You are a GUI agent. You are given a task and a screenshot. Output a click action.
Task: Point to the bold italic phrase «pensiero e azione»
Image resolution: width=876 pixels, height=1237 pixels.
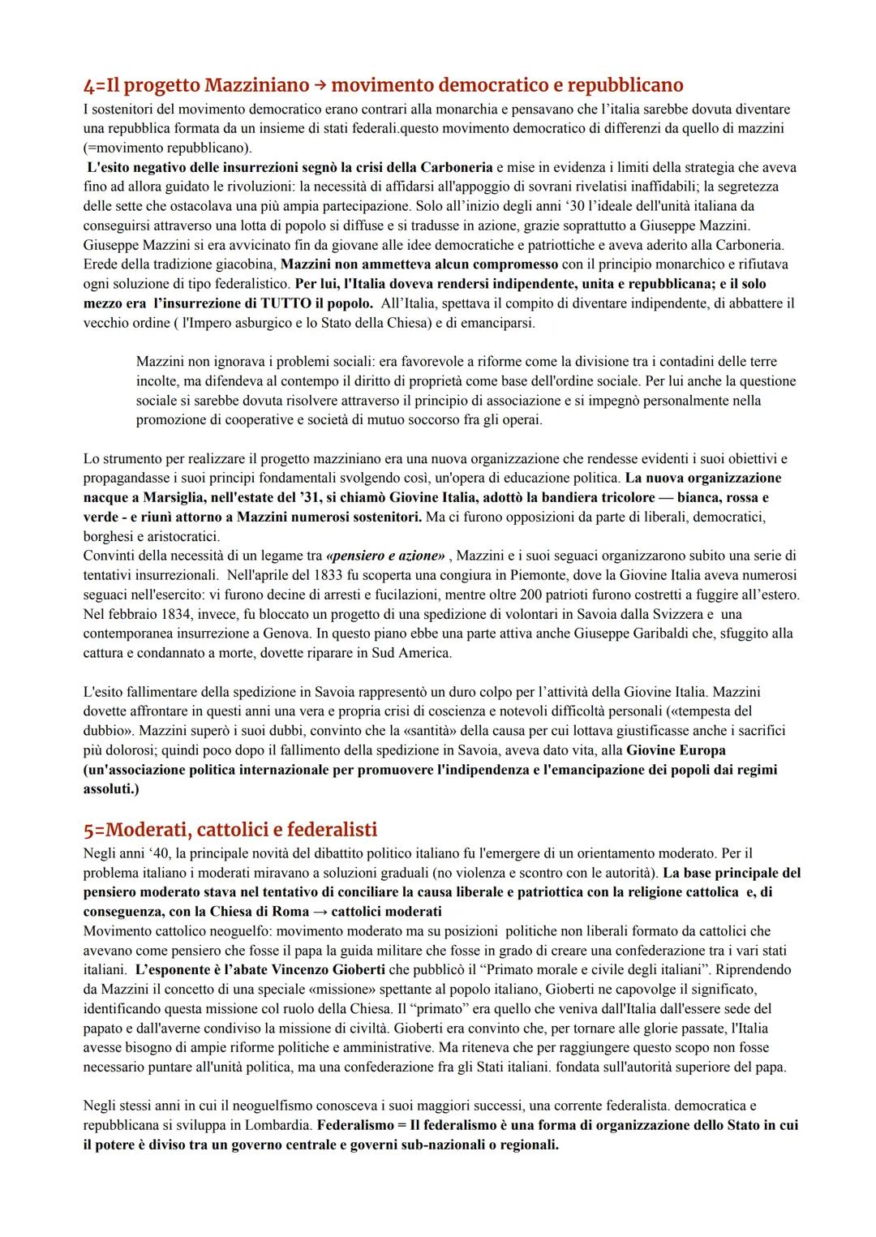[x=385, y=556]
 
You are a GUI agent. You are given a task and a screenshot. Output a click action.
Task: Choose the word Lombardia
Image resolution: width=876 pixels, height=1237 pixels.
[x=273, y=1125]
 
